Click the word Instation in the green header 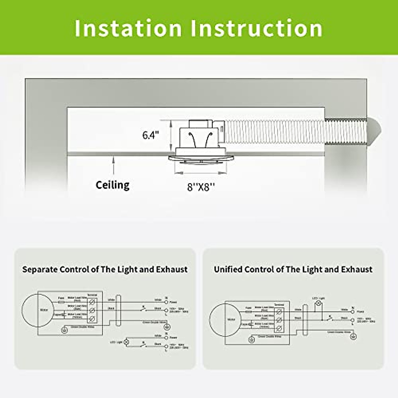tap(128, 28)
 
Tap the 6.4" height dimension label tap(151, 135)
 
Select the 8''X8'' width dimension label tap(201, 187)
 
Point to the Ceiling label tap(112, 185)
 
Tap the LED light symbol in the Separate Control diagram tap(126, 342)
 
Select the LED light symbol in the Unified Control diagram tap(319, 303)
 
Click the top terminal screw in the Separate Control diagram tap(92, 302)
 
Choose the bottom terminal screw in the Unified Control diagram tap(279, 328)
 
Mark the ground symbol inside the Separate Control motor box tap(64, 330)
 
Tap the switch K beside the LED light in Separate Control tap(144, 345)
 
